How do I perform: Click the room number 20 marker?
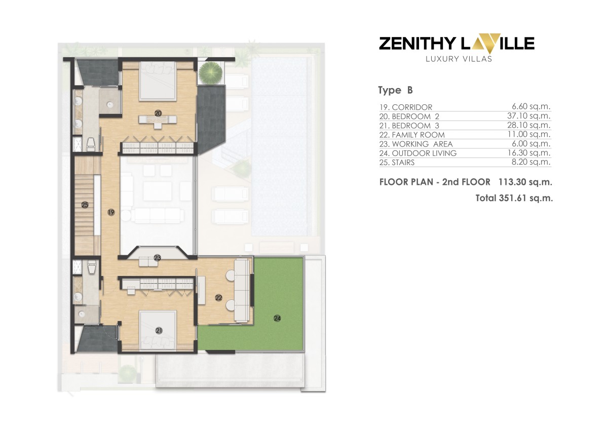coord(158,113)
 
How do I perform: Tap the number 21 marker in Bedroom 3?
coord(159,331)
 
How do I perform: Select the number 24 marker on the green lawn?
coord(277,318)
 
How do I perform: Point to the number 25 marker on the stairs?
coord(85,205)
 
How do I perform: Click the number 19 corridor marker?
coord(111,213)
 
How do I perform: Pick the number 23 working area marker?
coord(158,258)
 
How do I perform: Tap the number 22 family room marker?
coord(219,298)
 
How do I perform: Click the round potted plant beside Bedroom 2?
coord(211,72)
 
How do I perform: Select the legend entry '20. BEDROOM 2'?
coord(408,116)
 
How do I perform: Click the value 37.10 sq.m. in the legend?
coord(531,116)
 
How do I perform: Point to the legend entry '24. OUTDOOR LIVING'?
coord(418,153)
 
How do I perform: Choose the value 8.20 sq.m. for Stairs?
coord(534,162)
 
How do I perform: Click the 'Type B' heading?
coord(395,91)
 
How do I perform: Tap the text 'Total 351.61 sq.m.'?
coord(514,198)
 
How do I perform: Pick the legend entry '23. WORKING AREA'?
coord(415,144)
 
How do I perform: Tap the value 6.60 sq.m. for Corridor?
coord(534,107)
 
